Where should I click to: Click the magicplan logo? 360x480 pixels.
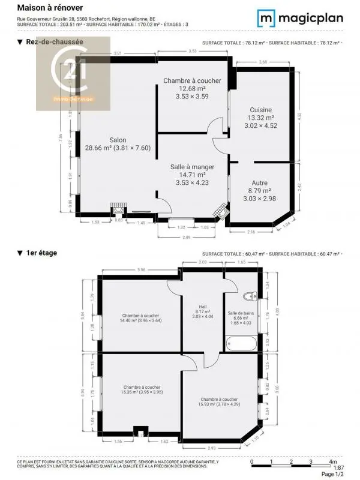point(301,17)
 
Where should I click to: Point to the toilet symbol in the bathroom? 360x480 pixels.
point(250,295)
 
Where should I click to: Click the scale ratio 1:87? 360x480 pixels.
point(338,467)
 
